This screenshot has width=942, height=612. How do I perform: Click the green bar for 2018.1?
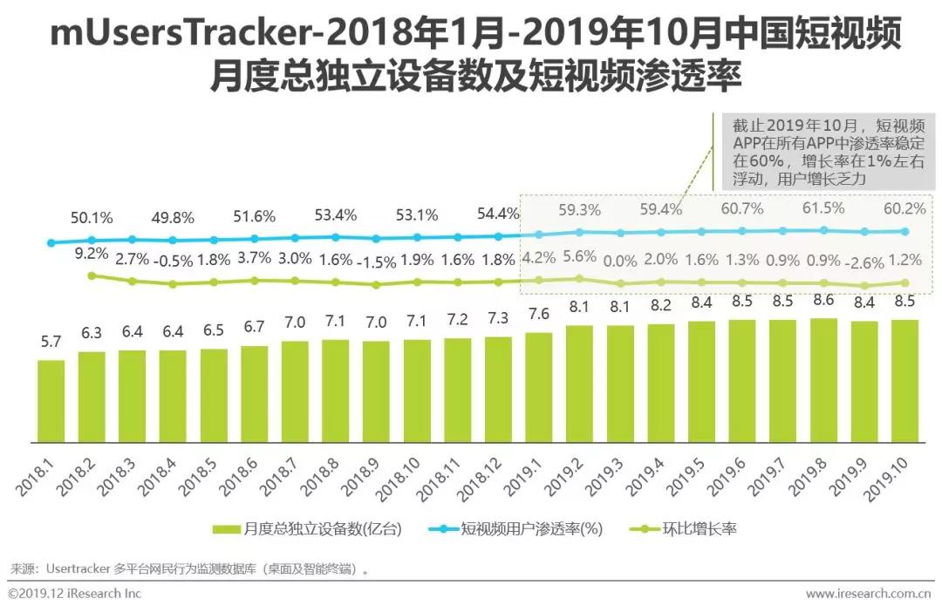tap(51, 399)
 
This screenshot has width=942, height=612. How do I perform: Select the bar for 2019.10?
tap(904, 379)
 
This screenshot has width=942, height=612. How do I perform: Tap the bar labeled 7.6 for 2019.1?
tap(538, 385)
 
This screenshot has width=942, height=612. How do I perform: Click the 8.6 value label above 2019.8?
tap(823, 301)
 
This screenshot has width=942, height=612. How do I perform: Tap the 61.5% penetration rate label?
tap(823, 207)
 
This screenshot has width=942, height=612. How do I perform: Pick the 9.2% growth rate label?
tap(91, 254)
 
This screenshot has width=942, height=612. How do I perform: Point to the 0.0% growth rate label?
tap(619, 261)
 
